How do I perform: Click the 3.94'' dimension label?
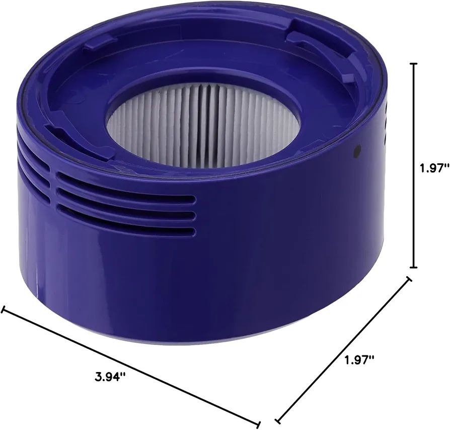coord(111,377)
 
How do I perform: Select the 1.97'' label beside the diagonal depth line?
coord(359,359)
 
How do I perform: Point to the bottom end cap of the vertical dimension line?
coord(414,267)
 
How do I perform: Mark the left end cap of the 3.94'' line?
coord(3,310)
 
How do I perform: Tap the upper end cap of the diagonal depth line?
coord(409,279)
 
